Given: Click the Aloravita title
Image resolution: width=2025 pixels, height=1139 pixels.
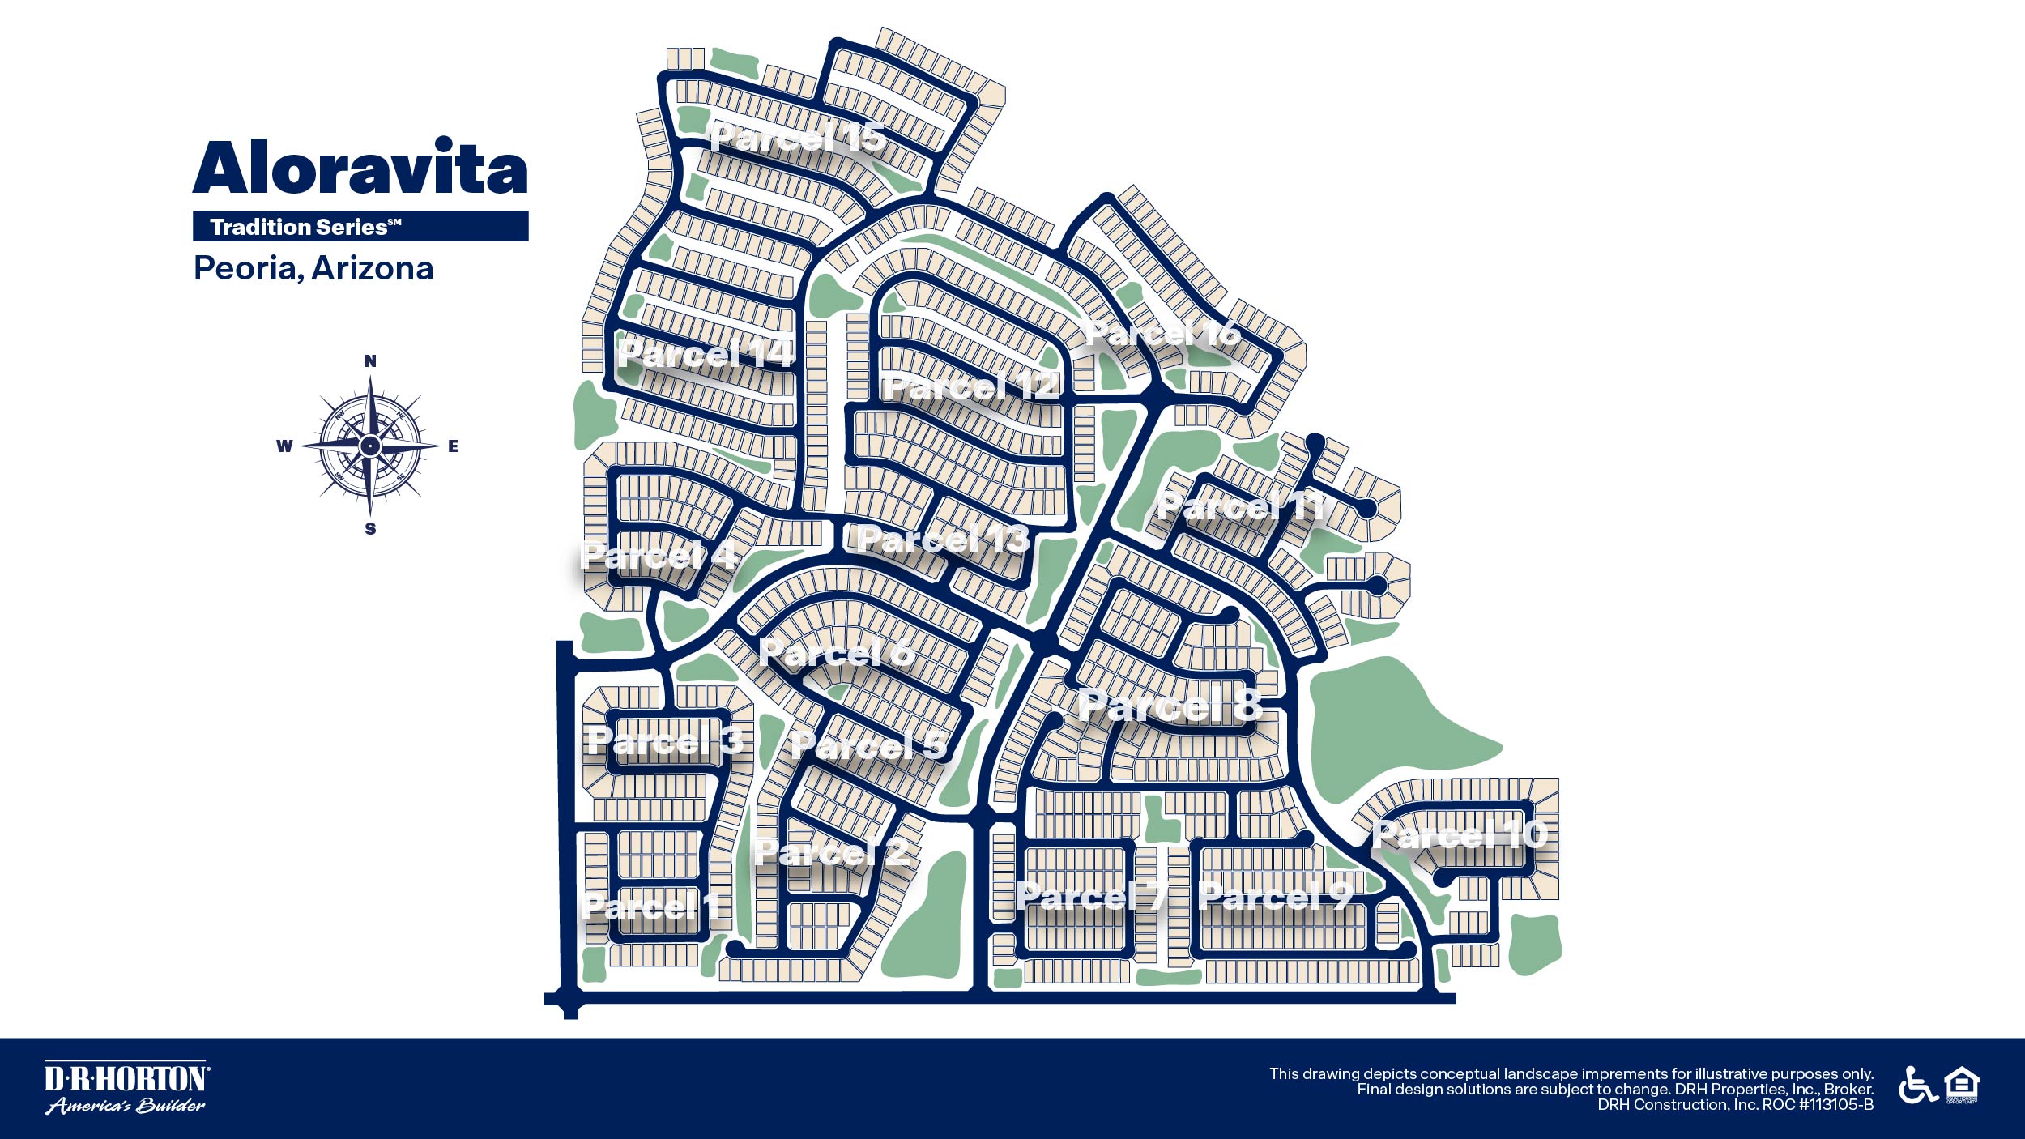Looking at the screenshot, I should point(360,168).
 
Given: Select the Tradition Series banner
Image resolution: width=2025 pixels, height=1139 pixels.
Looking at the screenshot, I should point(360,226).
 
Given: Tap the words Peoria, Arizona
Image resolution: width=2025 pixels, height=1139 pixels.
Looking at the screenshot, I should point(313,268).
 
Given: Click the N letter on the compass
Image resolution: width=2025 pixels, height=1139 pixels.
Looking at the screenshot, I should point(370,361).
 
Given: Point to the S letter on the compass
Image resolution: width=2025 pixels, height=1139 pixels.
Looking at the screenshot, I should point(370,529).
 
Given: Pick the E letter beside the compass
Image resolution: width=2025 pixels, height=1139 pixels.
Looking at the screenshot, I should point(453,446).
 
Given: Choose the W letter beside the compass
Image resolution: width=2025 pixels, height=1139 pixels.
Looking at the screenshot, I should point(284,446).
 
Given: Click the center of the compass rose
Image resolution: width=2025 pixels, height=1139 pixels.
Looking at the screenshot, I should point(370,446).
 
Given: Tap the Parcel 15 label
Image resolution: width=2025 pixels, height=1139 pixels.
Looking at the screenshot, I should point(798,138).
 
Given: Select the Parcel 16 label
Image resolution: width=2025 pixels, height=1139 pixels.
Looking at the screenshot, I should point(1162,332).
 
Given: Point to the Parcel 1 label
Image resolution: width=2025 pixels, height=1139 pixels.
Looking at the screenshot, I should point(652,907).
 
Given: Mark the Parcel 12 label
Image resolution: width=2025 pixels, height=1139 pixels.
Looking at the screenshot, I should point(970,387).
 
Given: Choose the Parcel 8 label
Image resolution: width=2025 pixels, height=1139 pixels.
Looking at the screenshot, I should point(1170,705).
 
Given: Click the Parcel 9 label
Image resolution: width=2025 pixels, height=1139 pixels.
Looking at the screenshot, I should point(1277,895).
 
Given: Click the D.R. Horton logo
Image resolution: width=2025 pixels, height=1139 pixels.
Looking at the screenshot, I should point(126,1087).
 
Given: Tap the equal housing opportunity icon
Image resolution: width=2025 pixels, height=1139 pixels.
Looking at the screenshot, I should point(1962,1086).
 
